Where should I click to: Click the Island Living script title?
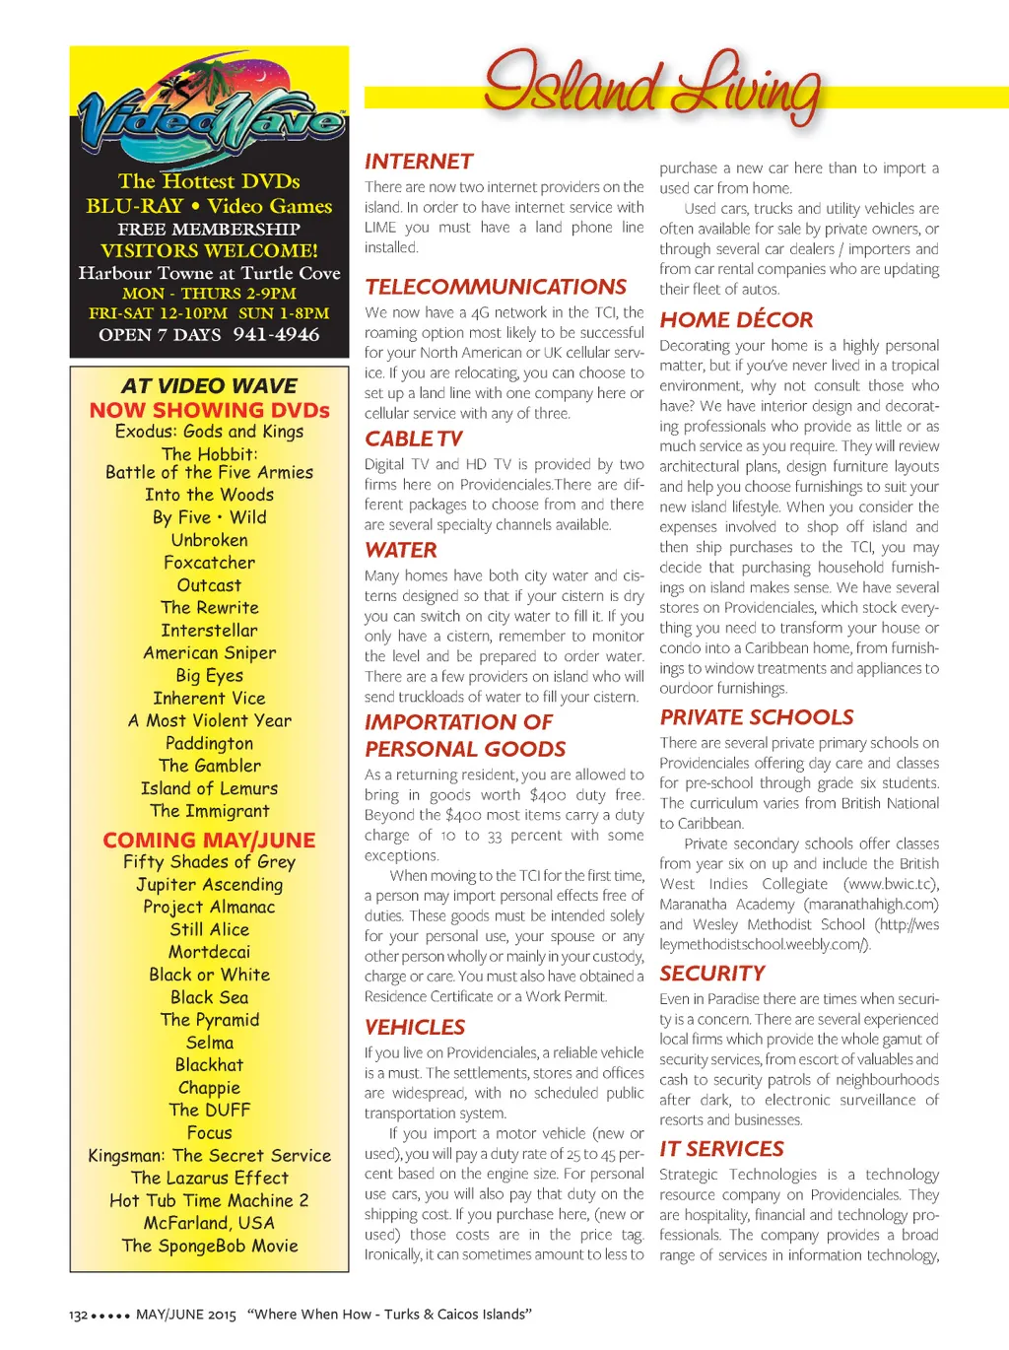[x=650, y=87]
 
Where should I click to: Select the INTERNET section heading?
[x=419, y=162]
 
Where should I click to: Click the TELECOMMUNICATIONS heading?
[x=496, y=287]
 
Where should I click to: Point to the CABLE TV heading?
[x=413, y=439]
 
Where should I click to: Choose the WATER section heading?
[x=401, y=550]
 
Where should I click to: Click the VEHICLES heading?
[x=415, y=1027]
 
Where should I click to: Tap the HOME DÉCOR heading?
[x=736, y=319]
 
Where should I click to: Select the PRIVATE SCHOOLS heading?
[x=757, y=717]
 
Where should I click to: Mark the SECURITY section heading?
[x=712, y=974]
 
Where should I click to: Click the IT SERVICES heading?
[x=721, y=1149]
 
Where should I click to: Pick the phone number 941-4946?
[x=277, y=335]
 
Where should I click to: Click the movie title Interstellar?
[x=209, y=631]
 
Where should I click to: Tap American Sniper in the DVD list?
[x=209, y=653]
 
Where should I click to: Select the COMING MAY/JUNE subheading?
[x=209, y=840]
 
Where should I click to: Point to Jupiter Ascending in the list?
[x=209, y=885]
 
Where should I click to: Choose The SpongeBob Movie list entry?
[x=209, y=1246]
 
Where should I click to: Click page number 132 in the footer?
[x=78, y=1315]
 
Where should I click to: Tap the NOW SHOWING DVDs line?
[x=209, y=410]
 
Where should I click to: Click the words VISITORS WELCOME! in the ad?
[x=209, y=251]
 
